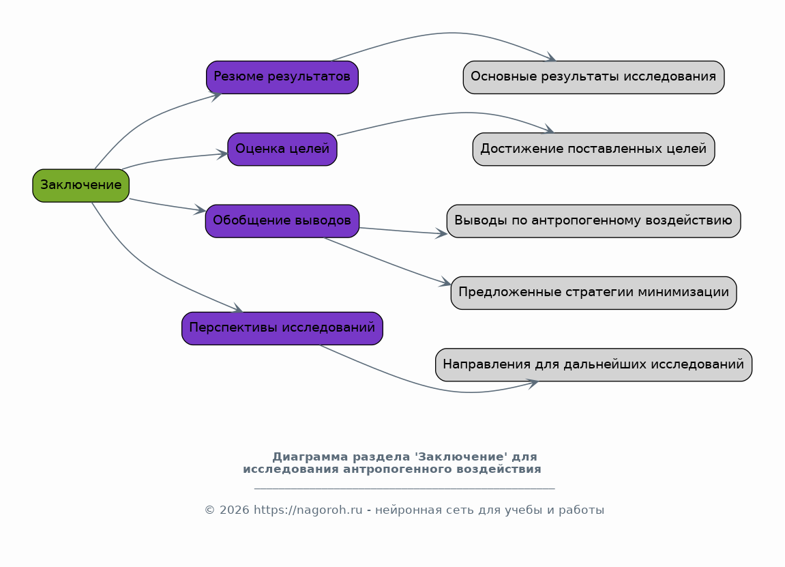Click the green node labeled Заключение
tap(81, 186)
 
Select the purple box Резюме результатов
tap(282, 77)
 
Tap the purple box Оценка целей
tap(282, 149)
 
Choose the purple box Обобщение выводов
tap(282, 221)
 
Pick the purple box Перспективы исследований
tap(282, 328)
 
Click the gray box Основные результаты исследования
tap(594, 77)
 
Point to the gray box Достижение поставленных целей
tap(594, 149)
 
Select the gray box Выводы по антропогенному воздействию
tap(594, 221)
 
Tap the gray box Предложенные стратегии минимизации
tap(594, 293)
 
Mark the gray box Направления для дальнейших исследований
tap(594, 364)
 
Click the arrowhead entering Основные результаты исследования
tap(550, 57)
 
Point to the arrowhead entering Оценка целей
tap(222, 154)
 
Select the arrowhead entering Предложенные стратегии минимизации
tap(445, 282)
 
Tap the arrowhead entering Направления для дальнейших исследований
tap(533, 383)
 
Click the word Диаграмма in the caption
tap(310, 456)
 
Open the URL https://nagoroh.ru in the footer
tap(308, 510)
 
